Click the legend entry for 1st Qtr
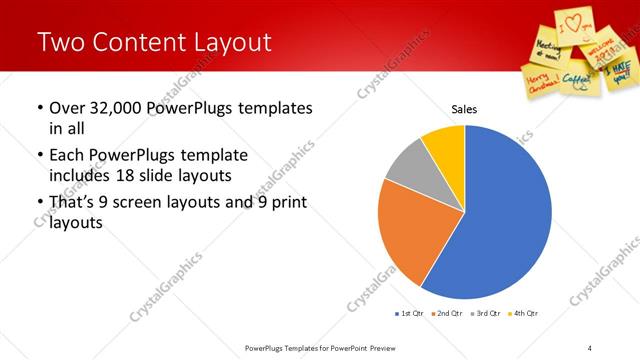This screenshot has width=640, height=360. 409,314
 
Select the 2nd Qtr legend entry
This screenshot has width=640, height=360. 447,314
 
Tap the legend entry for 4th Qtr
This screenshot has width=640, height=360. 523,314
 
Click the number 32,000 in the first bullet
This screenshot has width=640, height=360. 110,108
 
